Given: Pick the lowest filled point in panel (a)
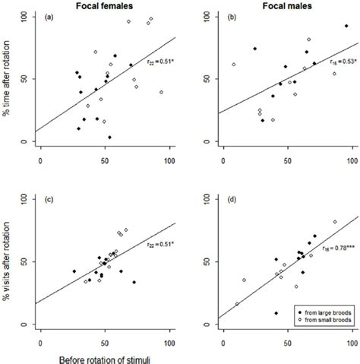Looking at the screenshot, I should point(110,138).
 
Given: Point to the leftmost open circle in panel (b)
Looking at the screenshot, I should point(234,65).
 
